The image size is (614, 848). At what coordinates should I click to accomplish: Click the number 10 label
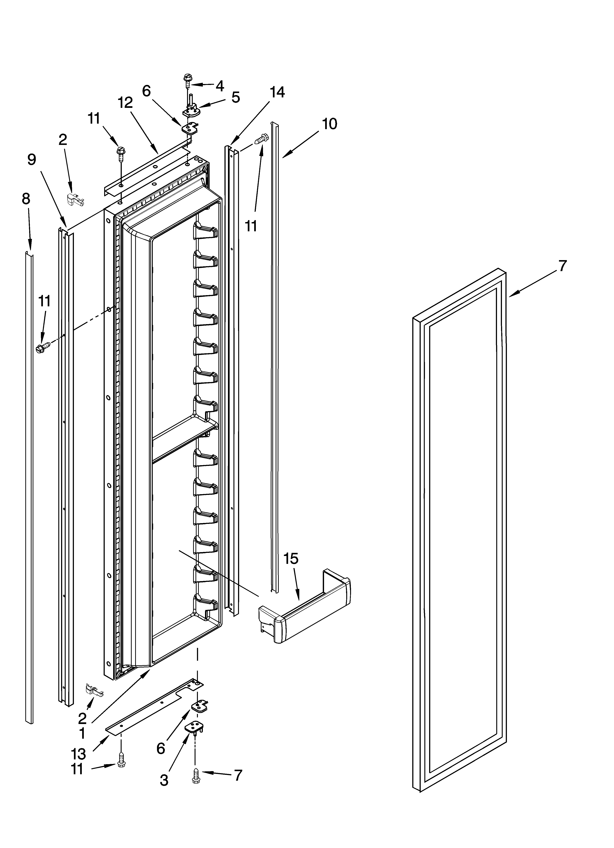coord(329,124)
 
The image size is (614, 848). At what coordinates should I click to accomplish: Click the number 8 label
coord(26,199)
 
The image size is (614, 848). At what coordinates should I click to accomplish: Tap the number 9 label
coord(32,160)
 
